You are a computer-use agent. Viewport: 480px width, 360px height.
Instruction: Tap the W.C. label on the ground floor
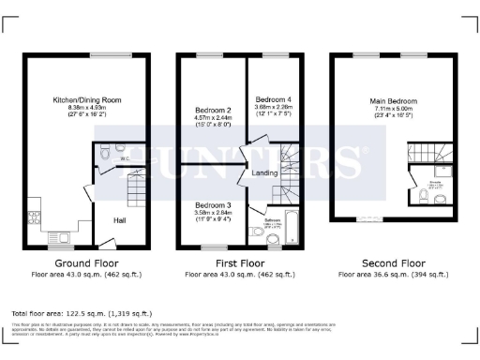[x=123, y=159]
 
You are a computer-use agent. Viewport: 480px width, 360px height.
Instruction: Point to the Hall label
[x=120, y=221]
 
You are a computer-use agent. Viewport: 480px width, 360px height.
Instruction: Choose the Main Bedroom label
[x=392, y=100]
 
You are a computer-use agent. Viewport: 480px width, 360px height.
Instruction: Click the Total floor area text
[x=81, y=313]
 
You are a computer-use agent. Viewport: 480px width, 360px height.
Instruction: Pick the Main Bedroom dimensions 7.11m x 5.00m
[x=392, y=109]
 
